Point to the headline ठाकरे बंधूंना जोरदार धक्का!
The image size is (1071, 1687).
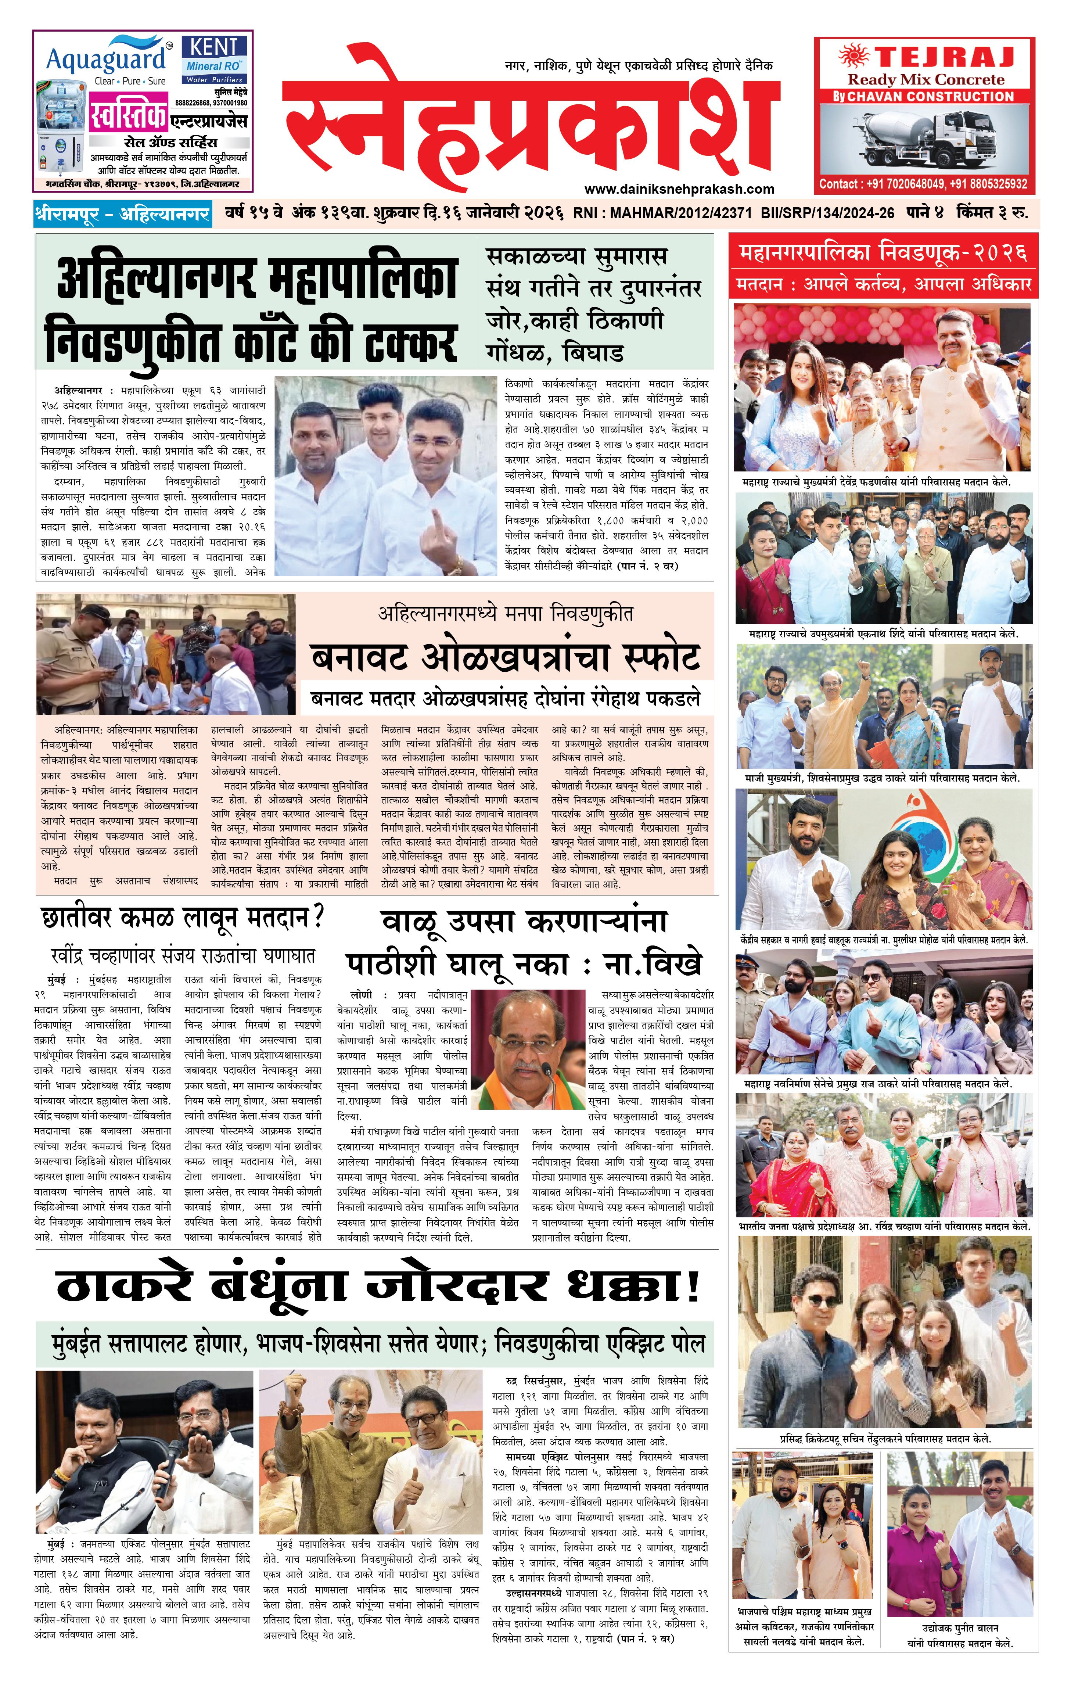[378, 1286]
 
